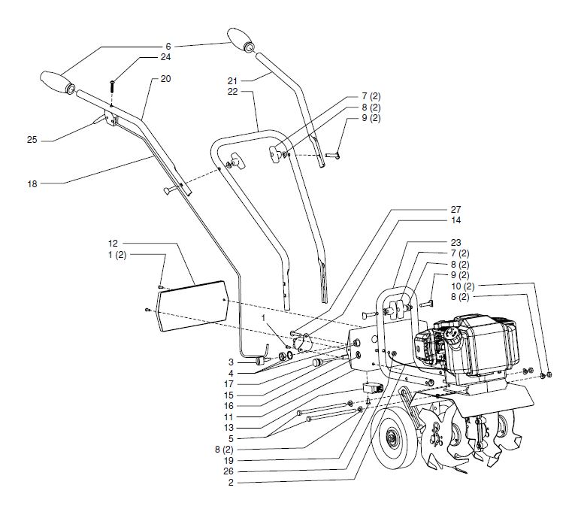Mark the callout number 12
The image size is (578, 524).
point(113,244)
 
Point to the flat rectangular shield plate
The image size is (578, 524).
point(195,304)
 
